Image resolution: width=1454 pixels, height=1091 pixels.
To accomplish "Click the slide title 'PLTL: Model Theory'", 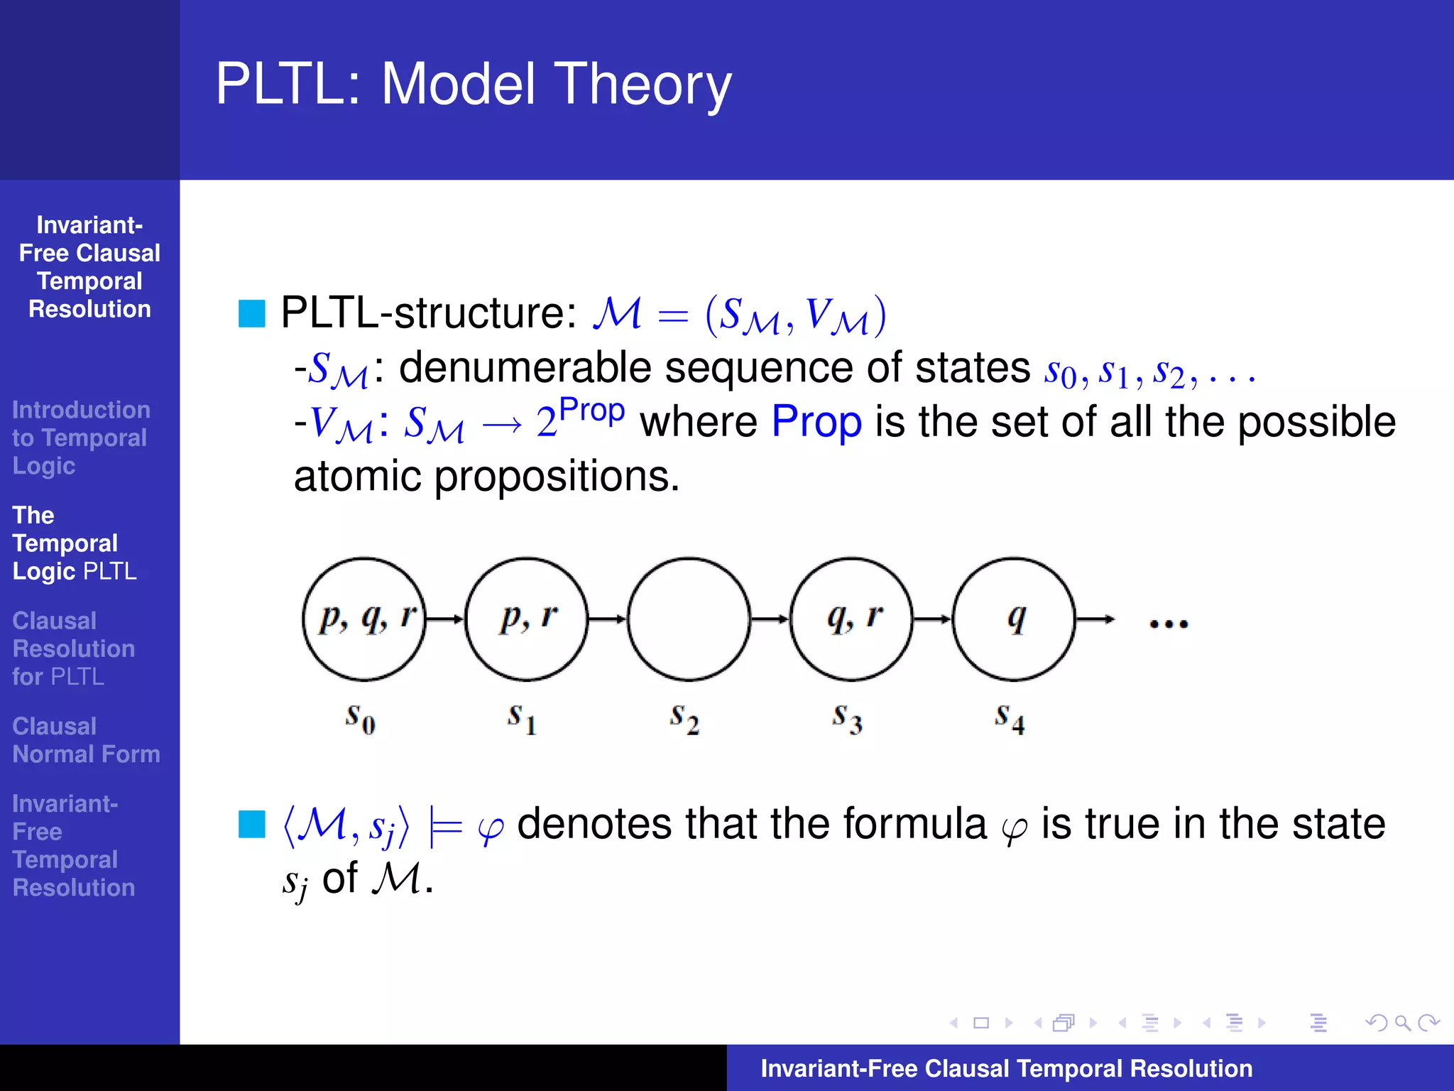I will pos(474,84).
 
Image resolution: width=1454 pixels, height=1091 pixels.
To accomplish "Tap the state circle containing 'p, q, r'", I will pos(364,619).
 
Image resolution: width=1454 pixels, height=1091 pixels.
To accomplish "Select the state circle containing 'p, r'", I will pos(527,619).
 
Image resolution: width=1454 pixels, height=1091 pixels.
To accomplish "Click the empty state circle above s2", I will pos(689,619).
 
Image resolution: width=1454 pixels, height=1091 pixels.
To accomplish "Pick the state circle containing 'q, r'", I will pos(851,619).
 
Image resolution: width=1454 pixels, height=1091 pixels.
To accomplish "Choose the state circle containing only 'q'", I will pos(1014,619).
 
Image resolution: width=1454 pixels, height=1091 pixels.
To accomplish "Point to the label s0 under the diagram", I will pos(360,718).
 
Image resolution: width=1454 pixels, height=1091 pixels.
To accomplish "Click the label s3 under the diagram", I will pos(847,718).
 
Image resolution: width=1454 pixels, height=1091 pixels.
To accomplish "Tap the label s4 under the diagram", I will pos(1009,718).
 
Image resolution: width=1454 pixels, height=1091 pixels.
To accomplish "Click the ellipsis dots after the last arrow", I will pos(1169,624).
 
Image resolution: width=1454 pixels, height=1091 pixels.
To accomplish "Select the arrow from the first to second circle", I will pos(445,619).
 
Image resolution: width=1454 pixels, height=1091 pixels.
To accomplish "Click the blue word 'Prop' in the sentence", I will pos(816,422).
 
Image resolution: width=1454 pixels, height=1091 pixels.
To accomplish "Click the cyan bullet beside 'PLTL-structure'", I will pos(251,313).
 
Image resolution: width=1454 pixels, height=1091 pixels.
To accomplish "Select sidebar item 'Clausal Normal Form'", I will pos(86,740).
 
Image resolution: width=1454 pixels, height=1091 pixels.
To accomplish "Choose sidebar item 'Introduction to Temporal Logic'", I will pos(81,438).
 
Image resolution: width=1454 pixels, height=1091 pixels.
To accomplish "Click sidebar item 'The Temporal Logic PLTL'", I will pos(75,543).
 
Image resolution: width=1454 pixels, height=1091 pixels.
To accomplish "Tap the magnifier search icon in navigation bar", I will pos(1402,1023).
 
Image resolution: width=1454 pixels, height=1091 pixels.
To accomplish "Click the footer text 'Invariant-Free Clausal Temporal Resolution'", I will pos(1006,1068).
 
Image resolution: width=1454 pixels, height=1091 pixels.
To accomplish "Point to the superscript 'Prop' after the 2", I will pos(591,411).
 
